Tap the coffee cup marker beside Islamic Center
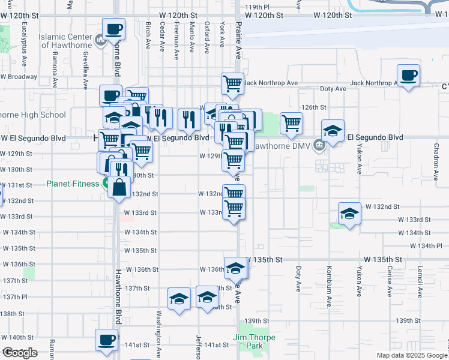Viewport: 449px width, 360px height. [113, 29]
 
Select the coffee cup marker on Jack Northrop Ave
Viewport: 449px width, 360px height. [409, 76]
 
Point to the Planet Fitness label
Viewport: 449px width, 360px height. [73, 184]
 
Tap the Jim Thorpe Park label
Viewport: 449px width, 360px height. [255, 342]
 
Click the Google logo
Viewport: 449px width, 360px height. [20, 353]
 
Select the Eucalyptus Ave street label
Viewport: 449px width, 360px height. [25, 40]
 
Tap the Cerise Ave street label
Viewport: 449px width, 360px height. [390, 279]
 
